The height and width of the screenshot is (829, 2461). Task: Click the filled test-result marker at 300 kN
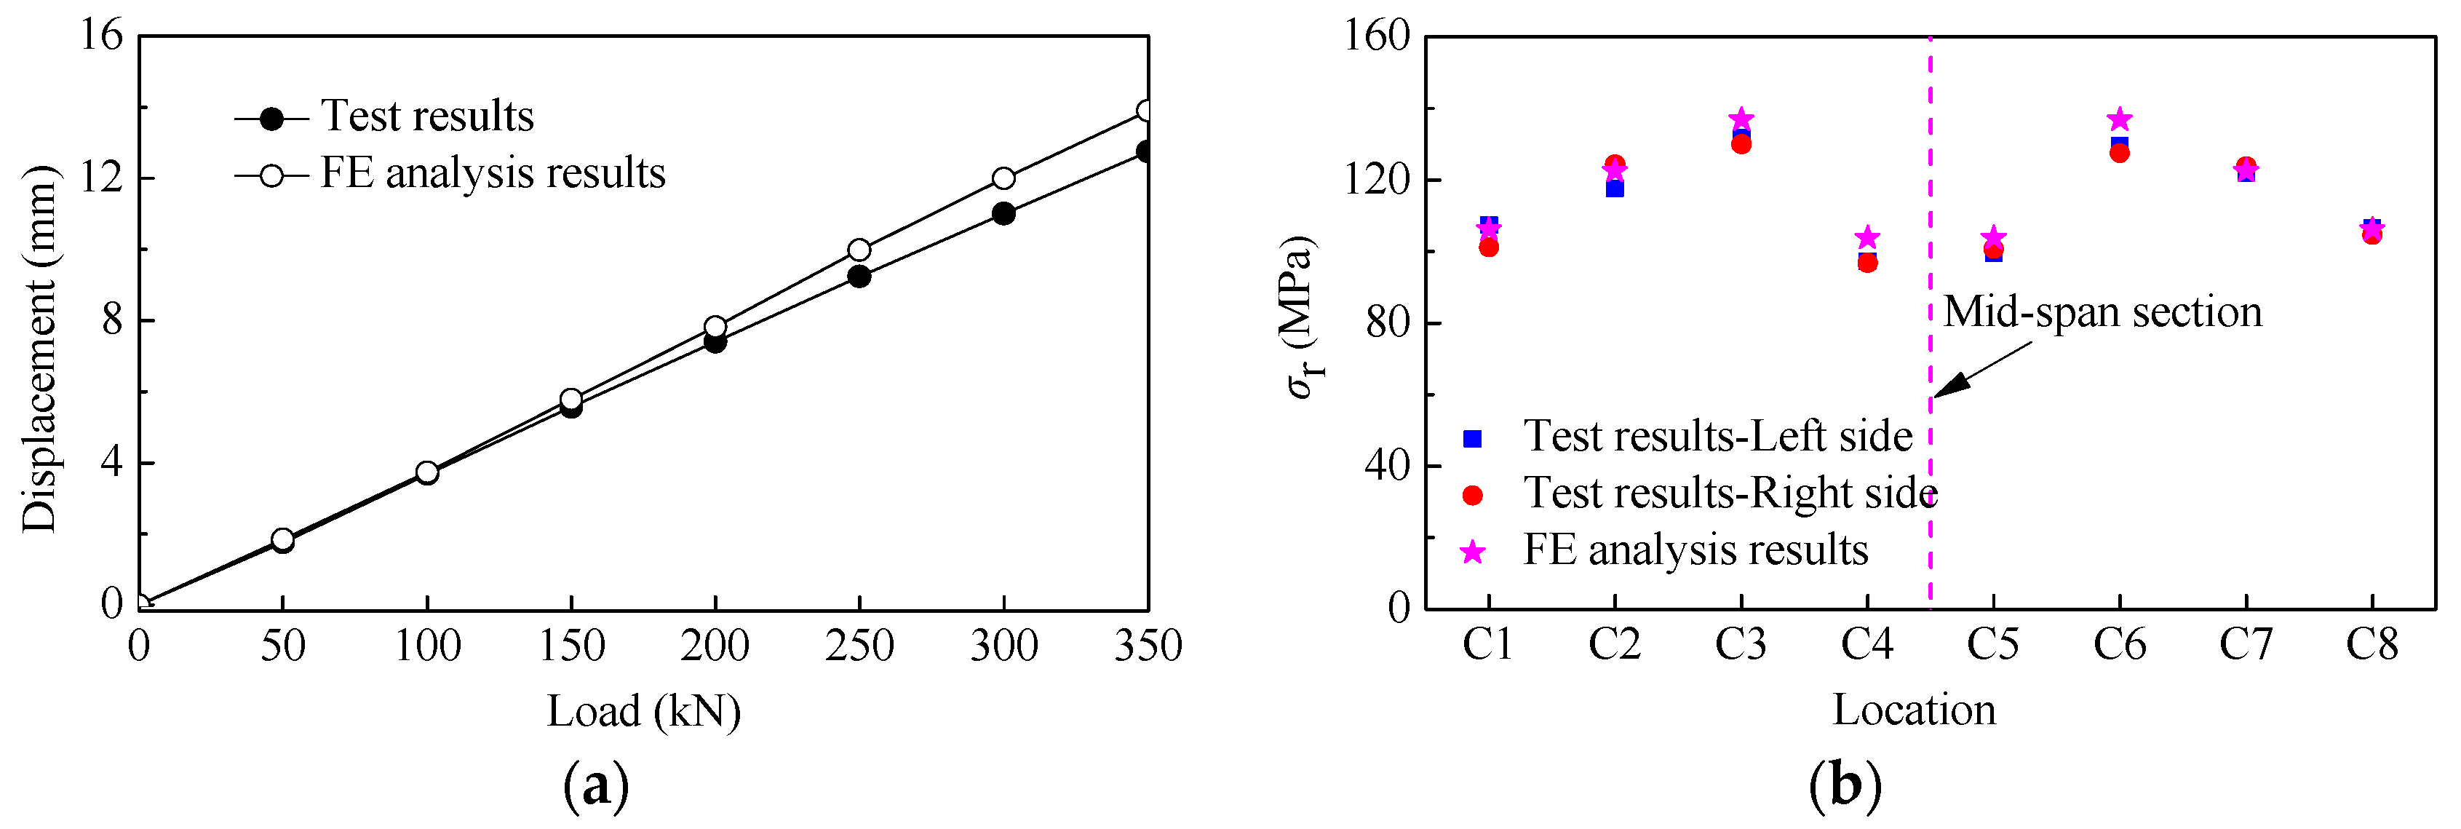[1003, 213]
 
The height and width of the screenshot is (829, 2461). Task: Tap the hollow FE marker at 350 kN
[1145, 111]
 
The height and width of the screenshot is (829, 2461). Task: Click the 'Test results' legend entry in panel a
[426, 116]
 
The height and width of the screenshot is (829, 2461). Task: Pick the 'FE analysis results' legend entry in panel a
[492, 174]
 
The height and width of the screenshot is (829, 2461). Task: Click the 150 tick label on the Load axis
[571, 646]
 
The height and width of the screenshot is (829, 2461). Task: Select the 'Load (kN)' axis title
[643, 712]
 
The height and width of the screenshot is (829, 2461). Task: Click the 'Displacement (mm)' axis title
[40, 349]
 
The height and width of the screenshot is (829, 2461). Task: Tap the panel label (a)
[596, 785]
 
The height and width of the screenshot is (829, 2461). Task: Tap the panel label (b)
[1845, 785]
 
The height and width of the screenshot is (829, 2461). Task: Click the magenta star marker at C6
[2119, 119]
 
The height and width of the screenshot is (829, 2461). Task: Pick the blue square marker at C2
[1615, 189]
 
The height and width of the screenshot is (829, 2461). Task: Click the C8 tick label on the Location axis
[2371, 646]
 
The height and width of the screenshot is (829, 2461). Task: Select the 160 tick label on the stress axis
[1377, 36]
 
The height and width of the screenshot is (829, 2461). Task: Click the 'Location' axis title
[1914, 710]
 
